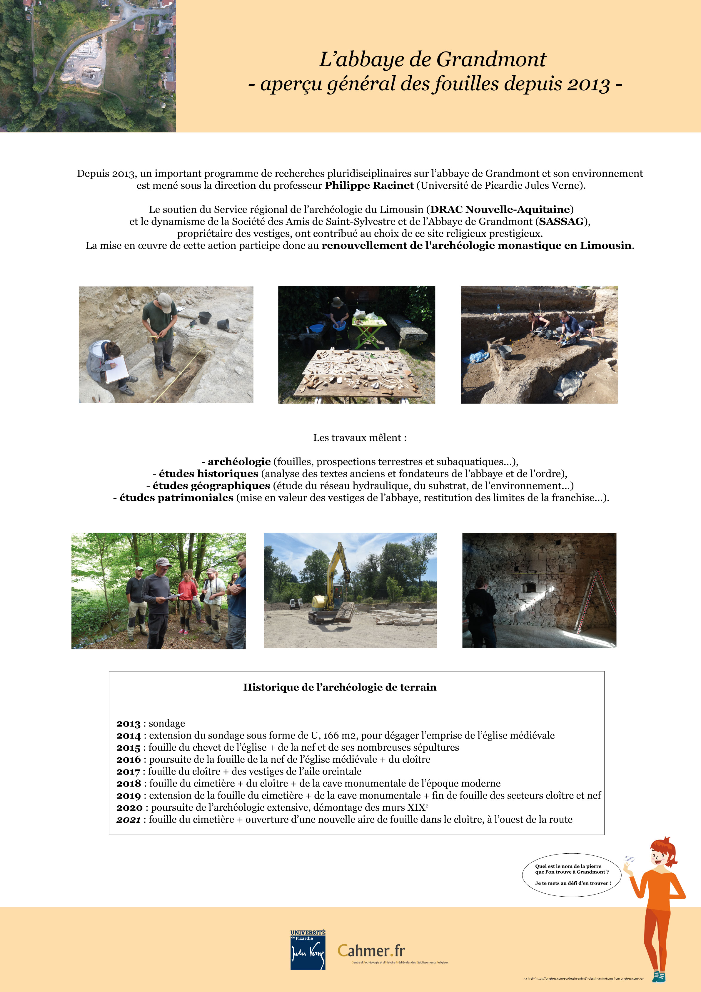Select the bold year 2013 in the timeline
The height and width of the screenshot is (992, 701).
click(x=128, y=724)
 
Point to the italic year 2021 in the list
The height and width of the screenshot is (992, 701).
click(x=128, y=820)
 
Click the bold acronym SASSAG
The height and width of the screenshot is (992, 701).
click(x=561, y=222)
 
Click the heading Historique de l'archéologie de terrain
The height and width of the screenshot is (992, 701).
click(x=340, y=687)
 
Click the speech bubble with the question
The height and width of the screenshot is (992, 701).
click(x=572, y=875)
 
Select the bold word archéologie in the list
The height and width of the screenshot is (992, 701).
click(x=239, y=462)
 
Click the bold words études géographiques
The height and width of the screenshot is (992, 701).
click(x=211, y=486)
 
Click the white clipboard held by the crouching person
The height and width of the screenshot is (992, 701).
click(x=116, y=369)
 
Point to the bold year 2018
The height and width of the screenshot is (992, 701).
click(x=128, y=783)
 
